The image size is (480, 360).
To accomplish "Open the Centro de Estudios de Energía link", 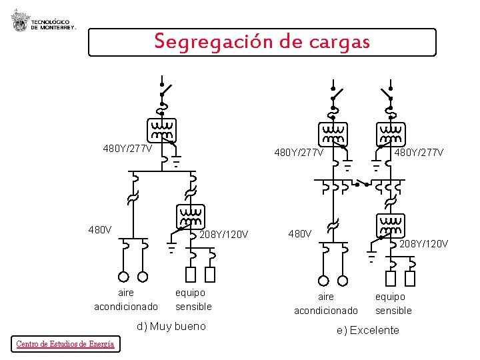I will click(x=65, y=344).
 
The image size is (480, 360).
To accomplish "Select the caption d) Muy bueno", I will click(x=171, y=326).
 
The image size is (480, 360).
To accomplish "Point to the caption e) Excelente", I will click(x=368, y=330).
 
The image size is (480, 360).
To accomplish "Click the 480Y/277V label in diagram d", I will click(x=127, y=148).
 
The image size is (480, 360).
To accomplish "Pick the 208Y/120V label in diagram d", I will click(x=224, y=234).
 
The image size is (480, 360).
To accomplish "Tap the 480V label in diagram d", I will click(x=100, y=230).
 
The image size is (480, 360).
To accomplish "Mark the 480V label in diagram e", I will click(x=299, y=233).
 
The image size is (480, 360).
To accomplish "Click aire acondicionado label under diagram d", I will click(x=126, y=299).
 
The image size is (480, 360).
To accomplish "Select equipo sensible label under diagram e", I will click(x=393, y=303).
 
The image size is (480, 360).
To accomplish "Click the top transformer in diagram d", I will click(x=162, y=130).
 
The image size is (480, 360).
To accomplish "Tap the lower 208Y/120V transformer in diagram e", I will click(x=391, y=225).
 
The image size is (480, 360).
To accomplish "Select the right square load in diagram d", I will click(x=211, y=274).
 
